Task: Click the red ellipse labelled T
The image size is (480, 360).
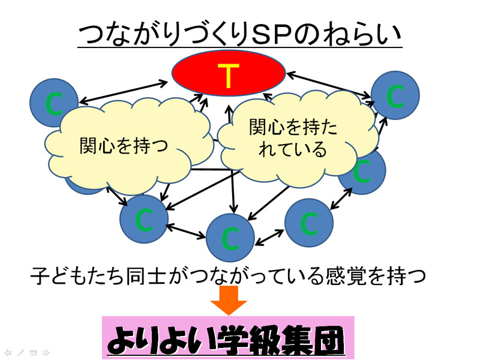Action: click(229, 73)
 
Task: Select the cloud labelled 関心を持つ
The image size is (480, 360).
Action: click(128, 146)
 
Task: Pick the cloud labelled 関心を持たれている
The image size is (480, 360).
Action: click(297, 139)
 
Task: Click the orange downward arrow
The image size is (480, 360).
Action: click(229, 300)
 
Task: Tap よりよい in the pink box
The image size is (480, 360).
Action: click(161, 340)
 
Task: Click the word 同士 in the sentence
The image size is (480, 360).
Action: click(145, 276)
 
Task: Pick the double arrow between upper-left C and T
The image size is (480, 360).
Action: click(124, 92)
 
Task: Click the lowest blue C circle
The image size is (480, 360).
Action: click(230, 238)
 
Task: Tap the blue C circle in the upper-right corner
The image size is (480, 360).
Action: click(395, 95)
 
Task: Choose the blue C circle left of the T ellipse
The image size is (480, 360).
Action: click(54, 103)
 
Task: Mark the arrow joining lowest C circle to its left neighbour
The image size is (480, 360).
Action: click(186, 231)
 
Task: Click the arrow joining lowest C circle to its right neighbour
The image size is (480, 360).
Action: click(269, 238)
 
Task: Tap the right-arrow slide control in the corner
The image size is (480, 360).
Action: click(46, 353)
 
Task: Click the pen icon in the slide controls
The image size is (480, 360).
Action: click(20, 353)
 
